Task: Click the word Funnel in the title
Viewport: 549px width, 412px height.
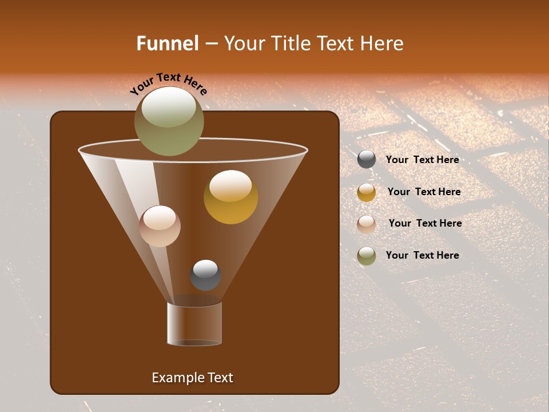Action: click(x=167, y=43)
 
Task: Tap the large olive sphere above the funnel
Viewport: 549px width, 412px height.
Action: click(x=169, y=121)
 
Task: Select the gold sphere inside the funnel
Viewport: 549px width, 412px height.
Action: click(x=231, y=197)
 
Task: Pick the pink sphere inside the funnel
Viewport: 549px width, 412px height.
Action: click(x=160, y=226)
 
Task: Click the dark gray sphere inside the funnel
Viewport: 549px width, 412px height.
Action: click(x=205, y=275)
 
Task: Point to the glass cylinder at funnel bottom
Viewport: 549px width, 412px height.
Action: click(x=194, y=324)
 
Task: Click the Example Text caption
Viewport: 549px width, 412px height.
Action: click(x=192, y=378)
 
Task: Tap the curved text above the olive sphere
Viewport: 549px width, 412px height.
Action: click(x=169, y=84)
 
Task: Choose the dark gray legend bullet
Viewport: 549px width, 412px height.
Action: click(x=367, y=160)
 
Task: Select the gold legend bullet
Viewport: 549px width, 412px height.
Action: click(x=367, y=192)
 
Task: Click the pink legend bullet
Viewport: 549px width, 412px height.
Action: click(x=367, y=224)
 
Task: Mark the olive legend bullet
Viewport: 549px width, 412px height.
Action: click(x=367, y=256)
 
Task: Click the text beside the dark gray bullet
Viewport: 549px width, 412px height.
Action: click(x=422, y=160)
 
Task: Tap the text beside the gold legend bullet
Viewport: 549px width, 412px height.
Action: click(x=424, y=192)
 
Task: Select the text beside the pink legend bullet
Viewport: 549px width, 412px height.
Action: click(x=425, y=223)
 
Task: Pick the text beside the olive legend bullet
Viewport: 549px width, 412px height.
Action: click(x=422, y=255)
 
